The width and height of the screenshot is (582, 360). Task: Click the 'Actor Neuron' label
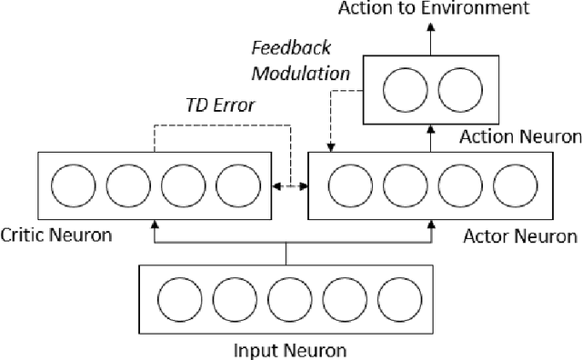[x=520, y=236]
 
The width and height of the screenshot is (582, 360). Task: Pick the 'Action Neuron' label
[x=520, y=137]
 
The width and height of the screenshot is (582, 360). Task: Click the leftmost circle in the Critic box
[x=68, y=185]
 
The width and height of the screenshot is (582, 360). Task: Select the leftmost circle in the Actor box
[x=345, y=185]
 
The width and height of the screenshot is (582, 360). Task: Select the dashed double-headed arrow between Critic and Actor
[x=293, y=185]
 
